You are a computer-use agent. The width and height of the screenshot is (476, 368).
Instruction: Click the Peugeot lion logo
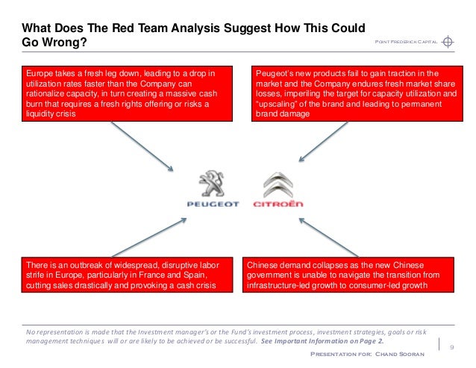tap(212, 184)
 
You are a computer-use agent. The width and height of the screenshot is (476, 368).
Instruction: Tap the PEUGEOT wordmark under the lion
tap(213, 204)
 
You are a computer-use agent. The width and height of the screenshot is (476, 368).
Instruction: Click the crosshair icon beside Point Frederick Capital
tap(448, 41)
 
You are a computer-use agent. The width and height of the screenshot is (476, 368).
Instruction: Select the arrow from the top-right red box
tap(325, 142)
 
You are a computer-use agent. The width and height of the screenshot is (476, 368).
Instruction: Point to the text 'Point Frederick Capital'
tap(405, 43)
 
